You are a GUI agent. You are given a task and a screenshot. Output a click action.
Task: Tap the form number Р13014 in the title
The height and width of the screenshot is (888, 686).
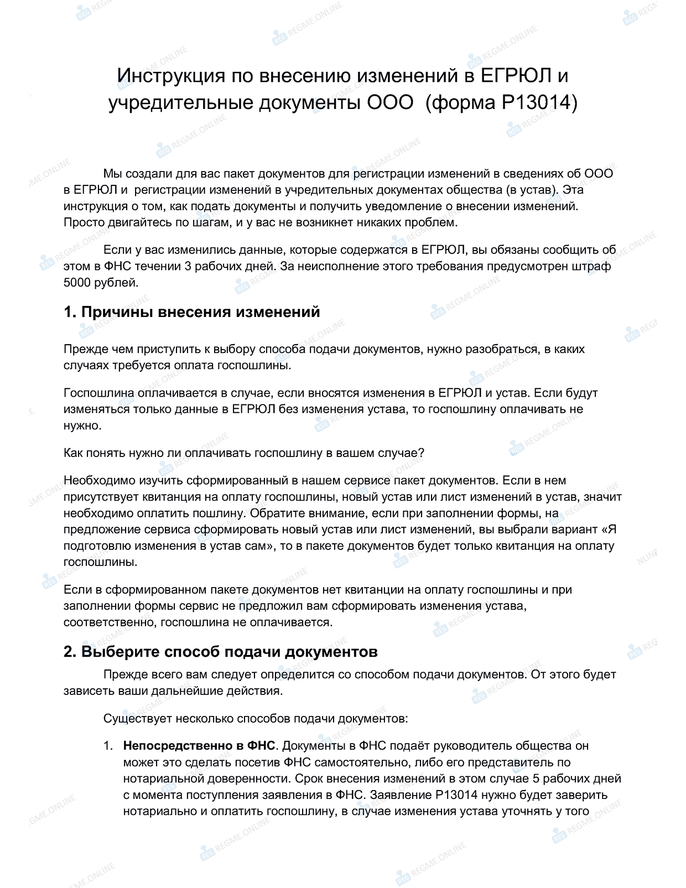pyautogui.click(x=539, y=103)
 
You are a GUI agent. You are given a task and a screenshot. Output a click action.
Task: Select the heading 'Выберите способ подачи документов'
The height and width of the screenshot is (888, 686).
pyautogui.click(x=221, y=652)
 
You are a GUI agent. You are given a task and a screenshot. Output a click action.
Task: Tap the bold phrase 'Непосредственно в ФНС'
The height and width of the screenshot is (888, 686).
pyautogui.click(x=199, y=746)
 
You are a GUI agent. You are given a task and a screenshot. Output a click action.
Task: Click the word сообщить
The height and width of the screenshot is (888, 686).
pyautogui.click(x=570, y=250)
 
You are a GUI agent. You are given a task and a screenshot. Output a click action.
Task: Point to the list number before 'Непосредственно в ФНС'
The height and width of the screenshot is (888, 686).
pyautogui.click(x=108, y=746)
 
